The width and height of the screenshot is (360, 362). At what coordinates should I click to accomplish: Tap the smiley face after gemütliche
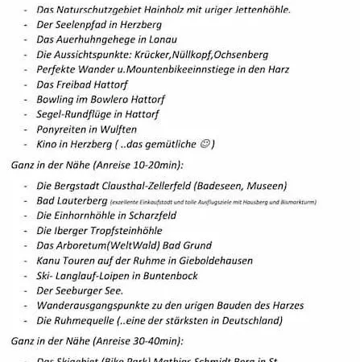(205, 143)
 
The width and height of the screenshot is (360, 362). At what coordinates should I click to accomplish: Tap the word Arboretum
(84, 245)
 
